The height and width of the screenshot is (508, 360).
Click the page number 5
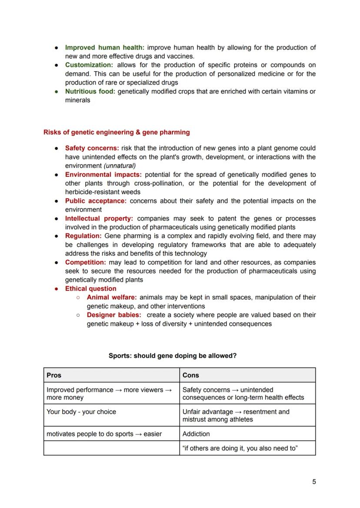click(314, 481)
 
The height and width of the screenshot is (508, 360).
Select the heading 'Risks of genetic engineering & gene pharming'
click(117, 132)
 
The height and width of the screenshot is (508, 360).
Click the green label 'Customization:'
click(89, 65)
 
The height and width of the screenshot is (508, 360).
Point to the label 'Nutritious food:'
click(90, 91)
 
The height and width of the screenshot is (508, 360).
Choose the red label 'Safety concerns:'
click(92, 148)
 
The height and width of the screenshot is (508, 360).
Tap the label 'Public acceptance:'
click(96, 201)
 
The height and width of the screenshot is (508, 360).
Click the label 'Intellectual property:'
click(99, 218)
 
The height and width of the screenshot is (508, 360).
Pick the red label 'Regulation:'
click(83, 236)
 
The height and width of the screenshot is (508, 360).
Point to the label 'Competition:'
click(85, 262)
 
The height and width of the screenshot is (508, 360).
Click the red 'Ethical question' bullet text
click(90, 289)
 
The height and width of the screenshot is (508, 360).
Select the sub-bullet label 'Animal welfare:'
click(112, 297)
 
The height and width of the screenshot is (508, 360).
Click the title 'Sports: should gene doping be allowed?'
click(173, 355)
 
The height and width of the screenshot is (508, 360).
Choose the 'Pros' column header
click(54, 375)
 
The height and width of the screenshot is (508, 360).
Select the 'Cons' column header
click(190, 375)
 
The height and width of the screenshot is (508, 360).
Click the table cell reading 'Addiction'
click(196, 434)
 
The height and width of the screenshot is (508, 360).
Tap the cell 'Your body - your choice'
click(81, 412)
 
